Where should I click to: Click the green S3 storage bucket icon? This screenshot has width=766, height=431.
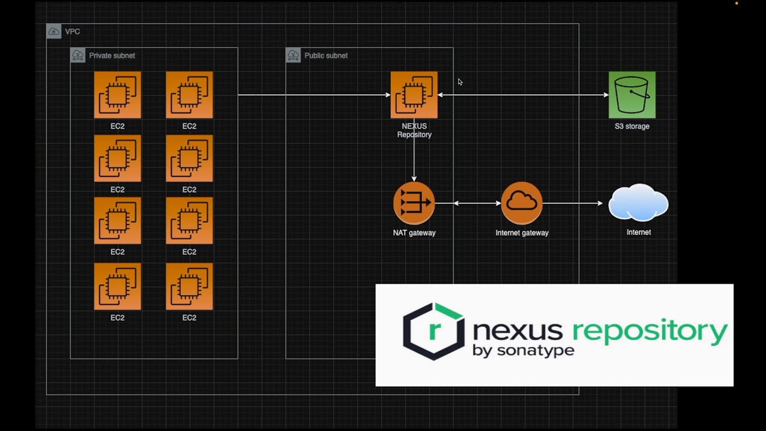pos(632,95)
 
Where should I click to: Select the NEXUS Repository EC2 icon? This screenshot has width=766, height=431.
pos(414,95)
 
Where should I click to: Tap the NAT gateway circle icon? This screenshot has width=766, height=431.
pos(414,203)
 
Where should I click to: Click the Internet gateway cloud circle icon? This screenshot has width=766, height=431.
pos(521,203)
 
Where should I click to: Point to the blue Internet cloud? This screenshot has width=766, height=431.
pos(638,202)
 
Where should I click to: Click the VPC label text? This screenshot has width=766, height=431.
pos(72,32)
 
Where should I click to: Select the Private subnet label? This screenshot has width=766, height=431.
pos(112,56)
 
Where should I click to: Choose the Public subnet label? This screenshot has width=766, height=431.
pos(326,56)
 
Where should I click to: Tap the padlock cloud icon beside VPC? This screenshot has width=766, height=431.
pos(54,32)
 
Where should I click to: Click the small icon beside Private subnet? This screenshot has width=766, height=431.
pos(78,55)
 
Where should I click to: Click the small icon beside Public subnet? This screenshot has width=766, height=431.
pos(293,55)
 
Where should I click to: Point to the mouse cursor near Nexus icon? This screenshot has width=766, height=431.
pos(460,82)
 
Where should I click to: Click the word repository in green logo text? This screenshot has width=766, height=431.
pos(650,331)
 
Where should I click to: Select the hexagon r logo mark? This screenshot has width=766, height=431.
pos(434,331)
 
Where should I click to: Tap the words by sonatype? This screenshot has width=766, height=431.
pos(523,351)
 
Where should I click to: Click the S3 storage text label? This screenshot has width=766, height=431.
pos(632,126)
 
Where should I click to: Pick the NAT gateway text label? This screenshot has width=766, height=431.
pos(414,233)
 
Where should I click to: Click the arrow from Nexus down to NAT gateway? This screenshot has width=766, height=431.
pos(414,150)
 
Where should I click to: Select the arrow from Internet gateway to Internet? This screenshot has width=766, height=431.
pos(573,203)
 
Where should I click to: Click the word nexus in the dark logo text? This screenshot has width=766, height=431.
pos(518,331)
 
